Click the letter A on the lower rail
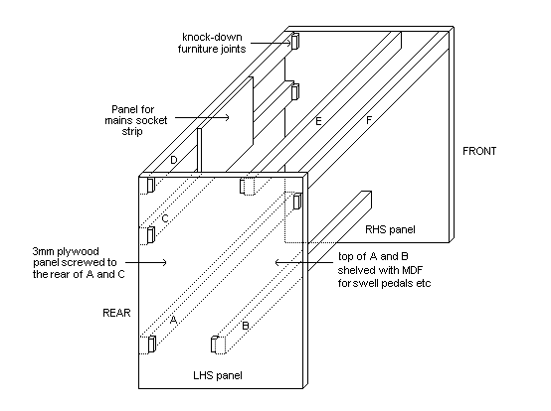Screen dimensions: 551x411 pyautogui.click(x=173, y=320)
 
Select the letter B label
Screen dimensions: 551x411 pyautogui.click(x=246, y=326)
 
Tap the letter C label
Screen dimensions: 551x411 pyautogui.click(x=165, y=218)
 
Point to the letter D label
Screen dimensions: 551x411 pyautogui.click(x=174, y=160)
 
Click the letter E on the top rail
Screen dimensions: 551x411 pyautogui.click(x=318, y=121)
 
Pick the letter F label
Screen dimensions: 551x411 pyautogui.click(x=369, y=120)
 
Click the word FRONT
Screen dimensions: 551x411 pyautogui.click(x=479, y=151)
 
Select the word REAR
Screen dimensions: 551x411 pyautogui.click(x=116, y=313)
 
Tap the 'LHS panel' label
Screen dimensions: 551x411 pyautogui.click(x=218, y=375)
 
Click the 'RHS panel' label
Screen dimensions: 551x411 pyautogui.click(x=390, y=229)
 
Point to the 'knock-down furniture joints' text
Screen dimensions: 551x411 pyautogui.click(x=212, y=43)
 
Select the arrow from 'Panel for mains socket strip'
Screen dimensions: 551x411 pyautogui.click(x=202, y=117)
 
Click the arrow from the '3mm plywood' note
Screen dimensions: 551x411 pyautogui.click(x=146, y=262)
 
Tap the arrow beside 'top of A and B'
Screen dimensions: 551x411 pyautogui.click(x=304, y=262)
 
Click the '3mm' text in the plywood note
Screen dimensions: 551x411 pyautogui.click(x=43, y=251)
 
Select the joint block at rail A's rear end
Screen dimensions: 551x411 pyautogui.click(x=152, y=343)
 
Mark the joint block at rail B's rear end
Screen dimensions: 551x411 pyautogui.click(x=215, y=344)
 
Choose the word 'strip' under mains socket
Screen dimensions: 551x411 pyautogui.click(x=132, y=132)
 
